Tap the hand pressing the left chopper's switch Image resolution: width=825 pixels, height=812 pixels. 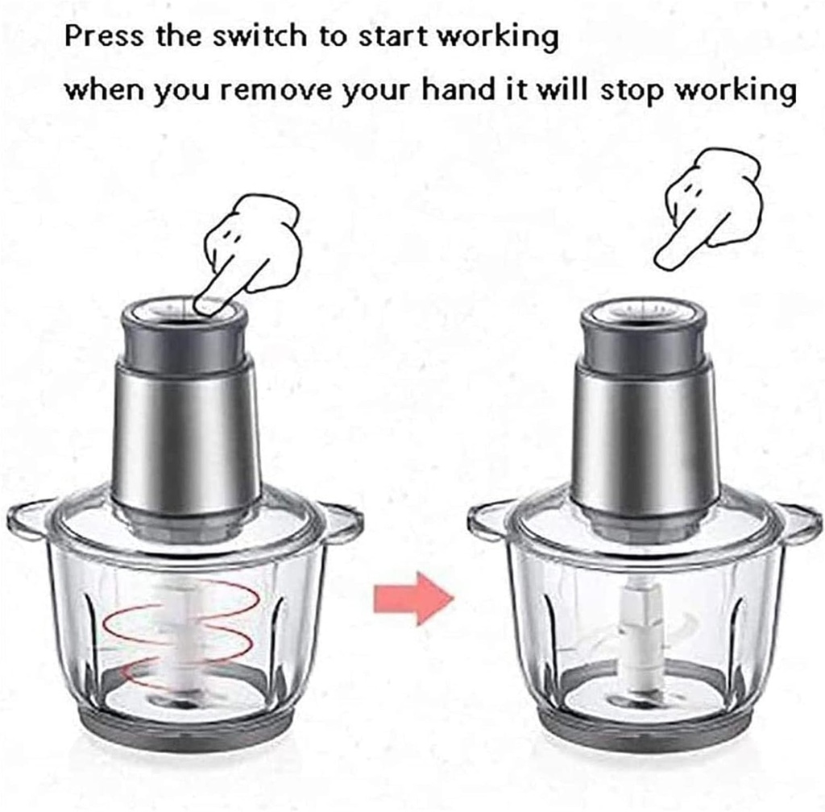click(x=249, y=246)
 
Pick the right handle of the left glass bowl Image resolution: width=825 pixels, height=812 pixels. click(x=342, y=521)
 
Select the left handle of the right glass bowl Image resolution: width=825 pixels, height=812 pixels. click(x=488, y=522)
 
